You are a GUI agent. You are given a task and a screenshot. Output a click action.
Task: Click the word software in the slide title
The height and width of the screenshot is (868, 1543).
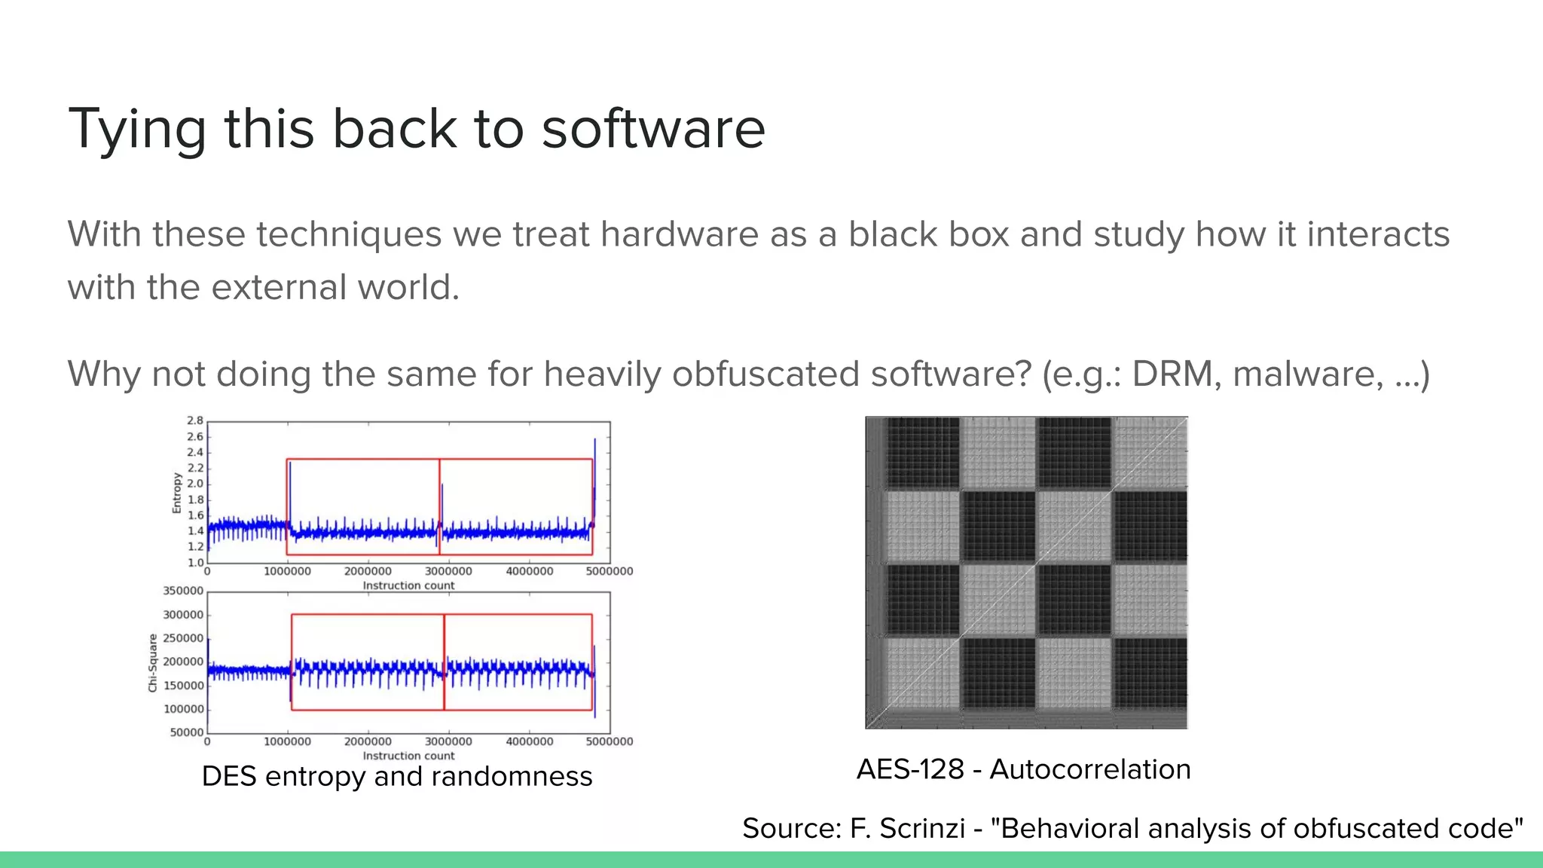tap(652, 129)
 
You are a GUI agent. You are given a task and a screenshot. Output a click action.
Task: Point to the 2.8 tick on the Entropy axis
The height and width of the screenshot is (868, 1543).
tap(195, 420)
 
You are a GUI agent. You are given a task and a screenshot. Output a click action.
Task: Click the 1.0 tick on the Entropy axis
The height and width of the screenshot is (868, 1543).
tap(195, 562)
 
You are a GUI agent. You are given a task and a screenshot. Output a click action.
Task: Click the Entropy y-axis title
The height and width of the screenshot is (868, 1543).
tap(177, 493)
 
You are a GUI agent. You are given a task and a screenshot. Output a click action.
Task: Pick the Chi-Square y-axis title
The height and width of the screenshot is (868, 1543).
tap(153, 662)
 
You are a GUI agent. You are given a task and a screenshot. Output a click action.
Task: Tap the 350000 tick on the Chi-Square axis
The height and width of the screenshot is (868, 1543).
tap(183, 591)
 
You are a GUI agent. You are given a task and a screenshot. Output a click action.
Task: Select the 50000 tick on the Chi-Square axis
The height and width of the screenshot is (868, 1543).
tap(186, 732)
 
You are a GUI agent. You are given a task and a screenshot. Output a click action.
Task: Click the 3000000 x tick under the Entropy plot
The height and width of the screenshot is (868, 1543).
tap(448, 571)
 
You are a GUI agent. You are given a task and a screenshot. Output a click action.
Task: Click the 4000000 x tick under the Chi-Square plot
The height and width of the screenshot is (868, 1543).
tap(529, 741)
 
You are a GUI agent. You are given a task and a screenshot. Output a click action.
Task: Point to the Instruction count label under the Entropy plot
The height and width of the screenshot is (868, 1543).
tap(408, 585)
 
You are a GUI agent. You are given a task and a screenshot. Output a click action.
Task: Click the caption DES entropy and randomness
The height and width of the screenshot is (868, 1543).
tap(397, 776)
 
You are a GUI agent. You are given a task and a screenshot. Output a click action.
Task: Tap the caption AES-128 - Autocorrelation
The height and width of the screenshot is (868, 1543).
tap(1023, 769)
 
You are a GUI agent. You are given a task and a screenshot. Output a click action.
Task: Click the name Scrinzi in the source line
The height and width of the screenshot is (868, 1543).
tap(922, 828)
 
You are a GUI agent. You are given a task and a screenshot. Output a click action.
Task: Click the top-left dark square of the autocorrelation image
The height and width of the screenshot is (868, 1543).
tap(923, 452)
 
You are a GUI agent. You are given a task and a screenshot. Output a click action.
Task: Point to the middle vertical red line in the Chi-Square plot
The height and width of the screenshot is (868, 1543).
tap(444, 662)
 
